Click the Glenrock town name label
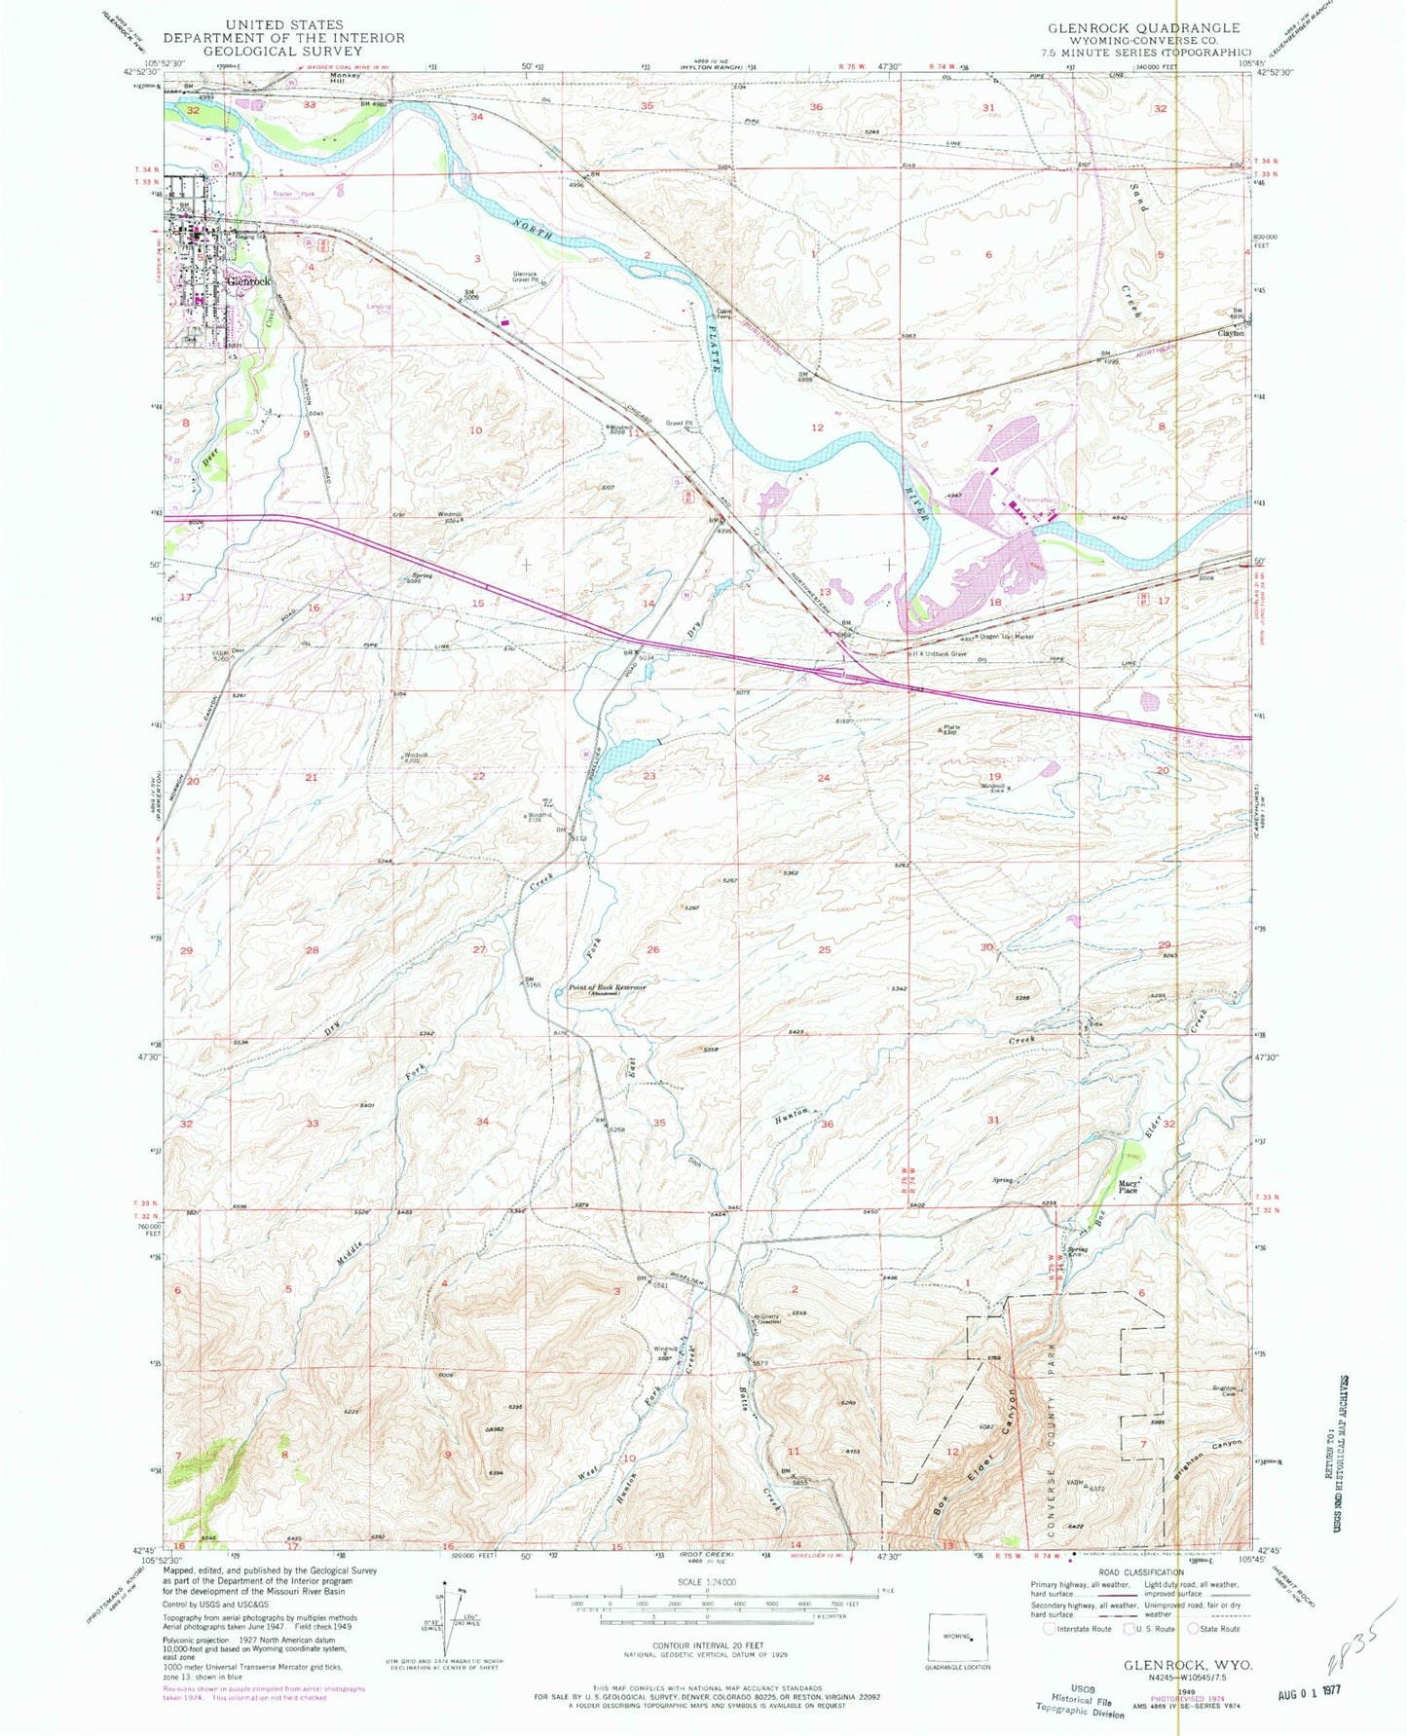[247, 280]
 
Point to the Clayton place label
[1231, 333]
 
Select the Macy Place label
[1128, 1187]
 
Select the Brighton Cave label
[1224, 1389]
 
